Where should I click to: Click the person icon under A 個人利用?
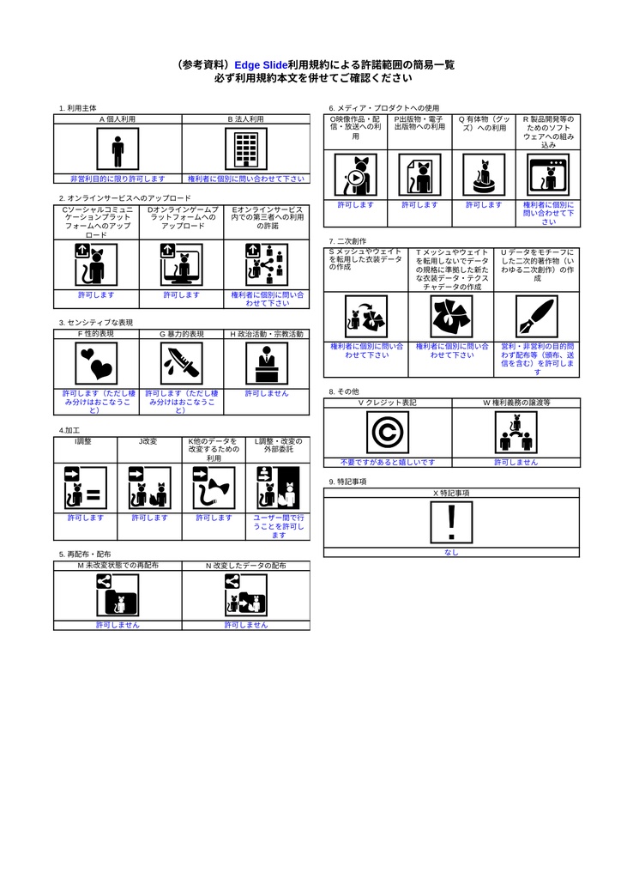118,150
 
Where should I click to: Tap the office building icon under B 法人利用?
245,150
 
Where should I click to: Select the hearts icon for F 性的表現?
95,363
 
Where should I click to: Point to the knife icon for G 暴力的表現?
180,363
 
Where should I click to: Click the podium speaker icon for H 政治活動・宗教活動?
266,363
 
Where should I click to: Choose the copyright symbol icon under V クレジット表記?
387,432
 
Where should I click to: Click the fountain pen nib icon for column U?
536,317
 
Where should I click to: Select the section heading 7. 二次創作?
347,241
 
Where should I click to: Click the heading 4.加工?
69,430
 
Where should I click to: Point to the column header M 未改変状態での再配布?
118,567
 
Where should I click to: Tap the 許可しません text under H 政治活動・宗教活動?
266,393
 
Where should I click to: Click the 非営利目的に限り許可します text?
118,179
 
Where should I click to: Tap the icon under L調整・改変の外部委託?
277,488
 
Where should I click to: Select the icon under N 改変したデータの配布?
245,595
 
